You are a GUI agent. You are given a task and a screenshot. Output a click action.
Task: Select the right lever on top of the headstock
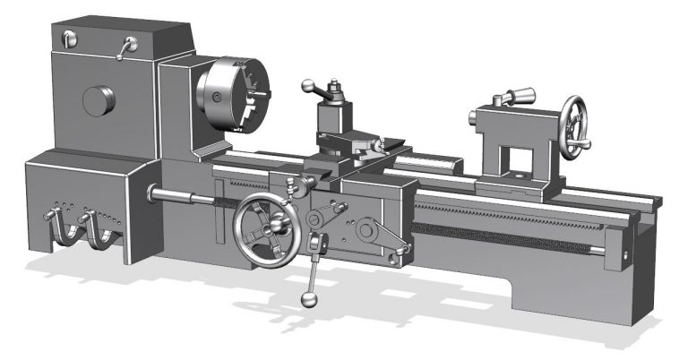[x=126, y=46]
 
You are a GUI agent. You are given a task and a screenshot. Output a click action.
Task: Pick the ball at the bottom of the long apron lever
[x=307, y=299]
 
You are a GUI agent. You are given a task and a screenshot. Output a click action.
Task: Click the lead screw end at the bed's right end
[x=623, y=253]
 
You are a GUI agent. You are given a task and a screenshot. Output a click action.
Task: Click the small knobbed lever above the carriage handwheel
[x=291, y=189]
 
